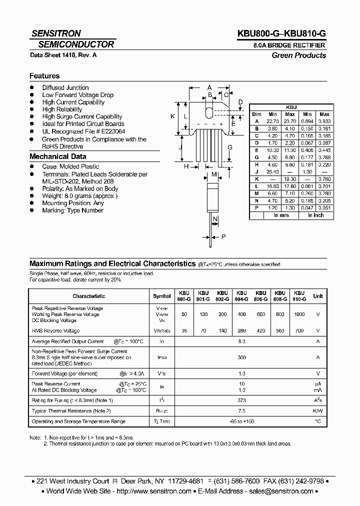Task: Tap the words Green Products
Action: click(298, 55)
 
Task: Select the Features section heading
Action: click(44, 76)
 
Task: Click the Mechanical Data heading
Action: click(58, 156)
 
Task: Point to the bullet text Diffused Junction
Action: click(65, 87)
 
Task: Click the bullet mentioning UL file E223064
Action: click(83, 131)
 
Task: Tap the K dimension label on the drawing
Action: click(172, 116)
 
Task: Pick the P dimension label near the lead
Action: click(223, 237)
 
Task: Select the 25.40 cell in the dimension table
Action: click(272, 171)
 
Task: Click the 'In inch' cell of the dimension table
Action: click(315, 215)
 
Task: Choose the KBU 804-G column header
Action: click(241, 296)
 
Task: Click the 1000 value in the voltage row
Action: click(299, 314)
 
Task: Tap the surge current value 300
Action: click(241, 357)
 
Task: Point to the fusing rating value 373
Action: click(241, 400)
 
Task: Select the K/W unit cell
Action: click(317, 410)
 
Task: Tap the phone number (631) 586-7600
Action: click(236, 480)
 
